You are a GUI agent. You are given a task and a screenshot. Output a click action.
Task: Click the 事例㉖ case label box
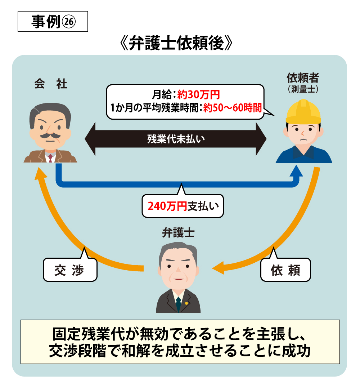click(53, 22)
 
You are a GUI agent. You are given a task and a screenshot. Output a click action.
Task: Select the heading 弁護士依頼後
click(176, 43)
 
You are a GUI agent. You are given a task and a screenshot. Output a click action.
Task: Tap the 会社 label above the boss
click(50, 84)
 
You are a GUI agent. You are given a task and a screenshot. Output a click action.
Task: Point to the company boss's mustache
click(50, 135)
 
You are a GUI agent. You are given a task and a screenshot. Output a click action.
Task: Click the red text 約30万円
click(198, 94)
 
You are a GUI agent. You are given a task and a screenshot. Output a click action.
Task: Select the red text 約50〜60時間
click(232, 108)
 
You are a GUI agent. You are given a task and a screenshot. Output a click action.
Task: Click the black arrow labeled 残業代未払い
click(176, 139)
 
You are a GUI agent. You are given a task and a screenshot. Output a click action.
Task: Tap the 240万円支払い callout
click(183, 206)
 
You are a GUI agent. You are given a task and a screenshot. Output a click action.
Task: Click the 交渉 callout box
click(70, 270)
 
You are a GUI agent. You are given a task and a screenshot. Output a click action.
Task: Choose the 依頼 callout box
click(285, 270)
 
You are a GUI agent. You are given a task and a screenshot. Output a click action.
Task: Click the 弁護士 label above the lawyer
click(178, 233)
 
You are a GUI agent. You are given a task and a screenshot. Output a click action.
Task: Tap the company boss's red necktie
click(50, 158)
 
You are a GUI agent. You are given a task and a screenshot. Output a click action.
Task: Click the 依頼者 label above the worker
click(303, 78)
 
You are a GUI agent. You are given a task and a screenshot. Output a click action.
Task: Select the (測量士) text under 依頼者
click(303, 89)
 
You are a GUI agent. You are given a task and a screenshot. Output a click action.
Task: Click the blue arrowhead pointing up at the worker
click(296, 171)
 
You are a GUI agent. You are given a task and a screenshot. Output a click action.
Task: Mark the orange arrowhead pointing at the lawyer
click(218, 268)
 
